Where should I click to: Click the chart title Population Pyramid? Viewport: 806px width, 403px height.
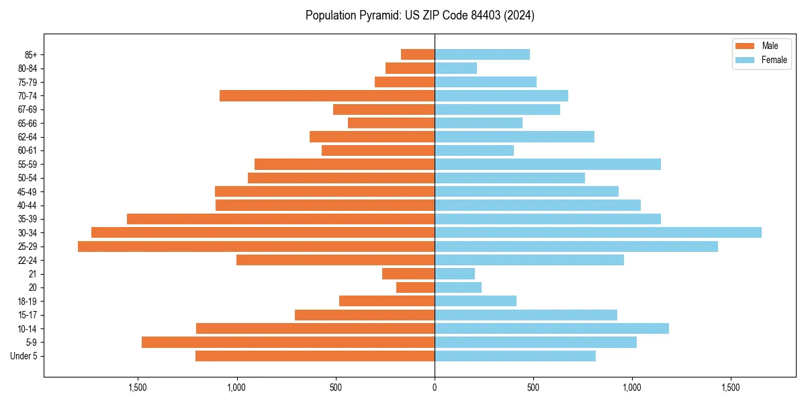(x=420, y=15)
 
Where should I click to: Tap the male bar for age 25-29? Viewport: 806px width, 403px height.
(x=256, y=247)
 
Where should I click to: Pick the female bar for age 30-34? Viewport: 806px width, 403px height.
(x=598, y=232)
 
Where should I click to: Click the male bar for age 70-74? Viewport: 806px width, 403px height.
(x=327, y=95)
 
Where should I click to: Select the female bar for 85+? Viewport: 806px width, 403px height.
(x=482, y=54)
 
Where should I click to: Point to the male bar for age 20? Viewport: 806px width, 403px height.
(x=415, y=287)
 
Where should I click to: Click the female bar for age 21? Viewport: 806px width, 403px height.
(x=455, y=274)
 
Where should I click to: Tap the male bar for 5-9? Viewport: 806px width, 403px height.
(x=288, y=343)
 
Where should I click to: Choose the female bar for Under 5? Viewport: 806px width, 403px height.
(x=515, y=356)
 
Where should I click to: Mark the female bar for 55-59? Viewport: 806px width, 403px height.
(x=547, y=164)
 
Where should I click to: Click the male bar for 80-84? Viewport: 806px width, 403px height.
(x=410, y=68)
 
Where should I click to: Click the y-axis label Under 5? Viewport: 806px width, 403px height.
(x=24, y=356)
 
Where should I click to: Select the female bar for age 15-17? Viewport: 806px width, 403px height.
(x=526, y=315)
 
